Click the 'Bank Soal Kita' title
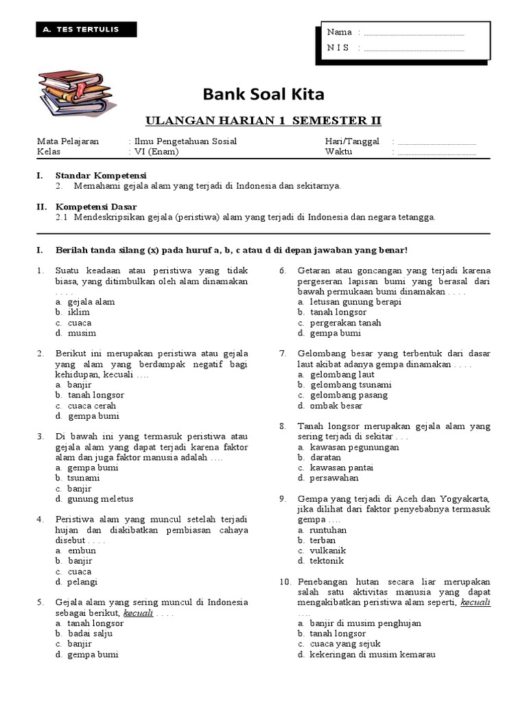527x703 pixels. (263, 93)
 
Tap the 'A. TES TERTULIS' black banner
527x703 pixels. (86, 30)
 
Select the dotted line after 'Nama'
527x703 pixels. (414, 33)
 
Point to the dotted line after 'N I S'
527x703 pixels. (414, 48)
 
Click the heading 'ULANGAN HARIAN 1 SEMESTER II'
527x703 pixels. (263, 122)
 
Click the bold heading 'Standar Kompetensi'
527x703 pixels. (101, 175)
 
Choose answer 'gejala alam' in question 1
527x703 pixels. (91, 301)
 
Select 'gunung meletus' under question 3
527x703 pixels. (100, 499)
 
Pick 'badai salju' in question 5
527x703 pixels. (90, 634)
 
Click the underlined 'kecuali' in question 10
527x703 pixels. (476, 602)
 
